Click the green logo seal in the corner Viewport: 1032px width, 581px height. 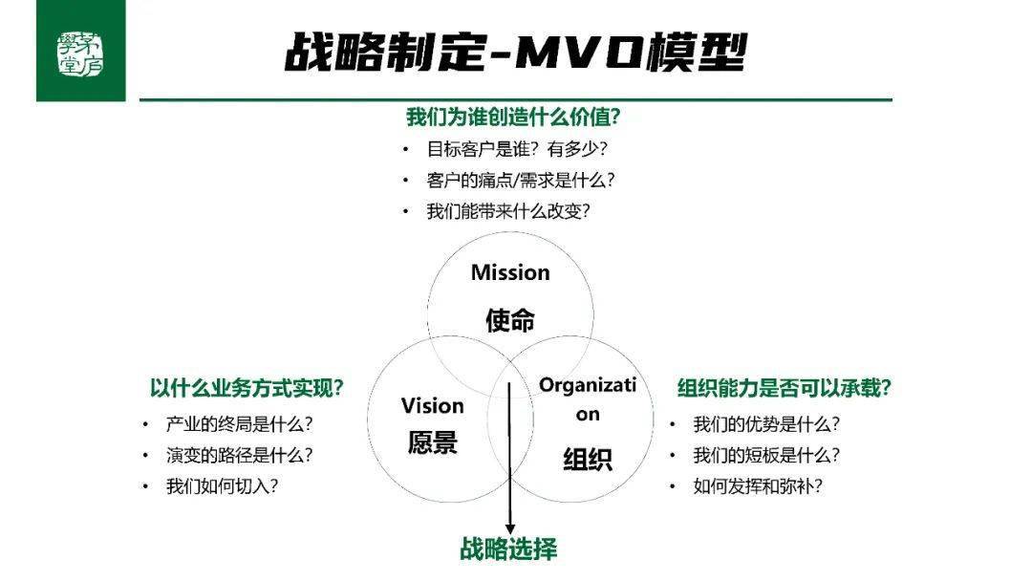tap(80, 54)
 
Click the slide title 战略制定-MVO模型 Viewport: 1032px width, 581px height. tap(516, 52)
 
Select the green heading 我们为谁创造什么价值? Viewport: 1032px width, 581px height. tap(513, 118)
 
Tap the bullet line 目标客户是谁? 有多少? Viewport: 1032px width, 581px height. tap(517, 149)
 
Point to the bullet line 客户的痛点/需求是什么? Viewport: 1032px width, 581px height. tap(521, 181)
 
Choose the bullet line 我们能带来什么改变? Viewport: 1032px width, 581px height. tap(508, 211)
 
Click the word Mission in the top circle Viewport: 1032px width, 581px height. tap(510, 272)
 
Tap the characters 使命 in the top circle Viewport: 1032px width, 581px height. tap(510, 320)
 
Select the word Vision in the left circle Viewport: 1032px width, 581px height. tap(433, 406)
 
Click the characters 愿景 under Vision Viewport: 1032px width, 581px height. tap(433, 442)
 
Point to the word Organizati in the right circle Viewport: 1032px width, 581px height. tap(588, 385)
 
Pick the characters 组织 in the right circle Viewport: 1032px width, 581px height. tap(588, 460)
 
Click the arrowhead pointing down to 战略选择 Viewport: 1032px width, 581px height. tap(509, 529)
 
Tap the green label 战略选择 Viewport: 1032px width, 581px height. tap(508, 549)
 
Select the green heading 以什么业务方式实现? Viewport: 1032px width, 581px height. tap(247, 388)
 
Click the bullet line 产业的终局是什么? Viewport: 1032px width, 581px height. tap(239, 424)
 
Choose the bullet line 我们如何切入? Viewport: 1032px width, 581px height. tap(222, 486)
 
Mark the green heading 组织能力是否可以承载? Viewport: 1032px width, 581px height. tap(784, 388)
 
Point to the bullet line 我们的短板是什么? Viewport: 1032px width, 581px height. tap(766, 455)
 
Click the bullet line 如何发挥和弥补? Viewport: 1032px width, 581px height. tap(758, 486)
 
